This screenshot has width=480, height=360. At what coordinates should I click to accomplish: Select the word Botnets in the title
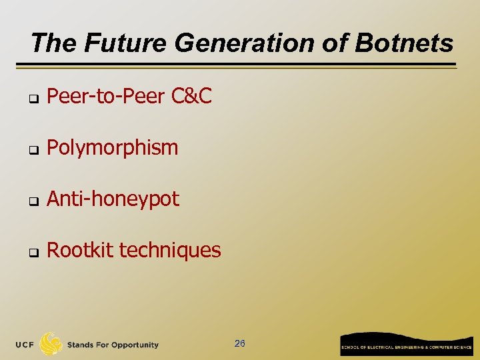pos(404,43)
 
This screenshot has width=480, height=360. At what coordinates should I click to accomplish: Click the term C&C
pos(191,97)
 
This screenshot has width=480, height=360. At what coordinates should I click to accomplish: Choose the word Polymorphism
pos(113,147)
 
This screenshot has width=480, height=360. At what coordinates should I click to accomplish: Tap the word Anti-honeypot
pos(113,199)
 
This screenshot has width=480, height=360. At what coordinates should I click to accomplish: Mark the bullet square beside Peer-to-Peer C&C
pos(31,99)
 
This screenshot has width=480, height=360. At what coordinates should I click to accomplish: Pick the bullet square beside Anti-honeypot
pos(31,201)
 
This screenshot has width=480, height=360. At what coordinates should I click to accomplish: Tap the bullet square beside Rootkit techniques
pos(31,252)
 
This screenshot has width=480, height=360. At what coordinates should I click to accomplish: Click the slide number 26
pos(240,343)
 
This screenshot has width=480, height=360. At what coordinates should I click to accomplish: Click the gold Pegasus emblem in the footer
pos(51,343)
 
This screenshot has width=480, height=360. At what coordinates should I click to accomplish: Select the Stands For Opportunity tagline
pos(113,345)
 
